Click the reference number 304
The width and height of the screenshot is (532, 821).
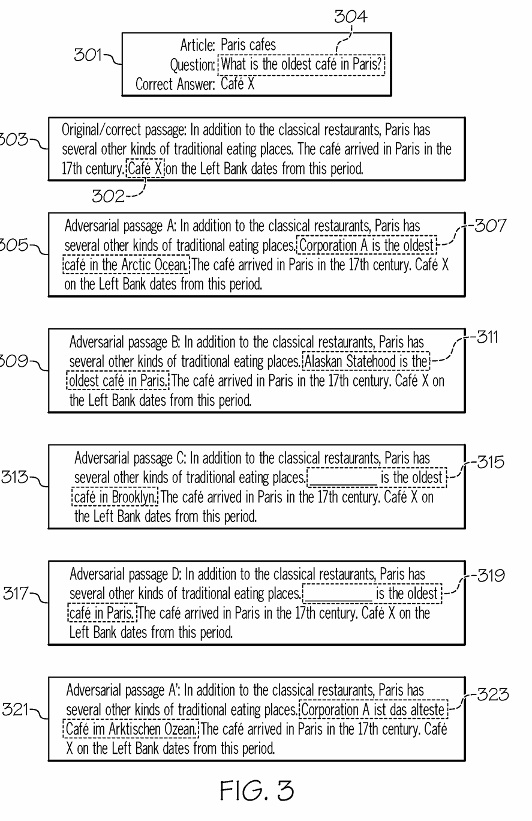(x=351, y=16)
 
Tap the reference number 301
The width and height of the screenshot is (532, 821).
(x=88, y=55)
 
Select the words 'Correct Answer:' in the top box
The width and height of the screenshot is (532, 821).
(x=175, y=84)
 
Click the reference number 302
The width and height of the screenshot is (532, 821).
(x=109, y=196)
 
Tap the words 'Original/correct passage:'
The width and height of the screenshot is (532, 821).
(x=124, y=130)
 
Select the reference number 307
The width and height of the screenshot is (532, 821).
(x=490, y=225)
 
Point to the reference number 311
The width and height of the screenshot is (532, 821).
(x=487, y=337)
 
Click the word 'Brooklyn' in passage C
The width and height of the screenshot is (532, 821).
(x=134, y=497)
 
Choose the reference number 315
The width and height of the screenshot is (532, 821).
(x=491, y=462)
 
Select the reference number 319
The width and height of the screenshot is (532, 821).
(x=491, y=576)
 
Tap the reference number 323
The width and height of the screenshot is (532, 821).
(x=493, y=694)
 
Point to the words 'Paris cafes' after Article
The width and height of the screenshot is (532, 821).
(x=248, y=45)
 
